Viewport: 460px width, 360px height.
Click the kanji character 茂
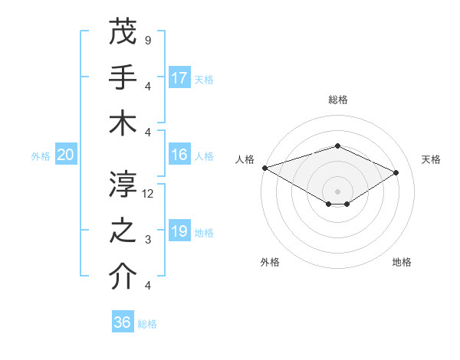point(123,31)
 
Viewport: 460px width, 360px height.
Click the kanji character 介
point(123,277)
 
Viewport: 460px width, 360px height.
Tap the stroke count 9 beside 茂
point(148,40)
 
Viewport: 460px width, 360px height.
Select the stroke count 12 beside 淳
point(149,194)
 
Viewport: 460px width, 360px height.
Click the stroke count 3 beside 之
point(148,240)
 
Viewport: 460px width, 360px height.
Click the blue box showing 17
point(179,77)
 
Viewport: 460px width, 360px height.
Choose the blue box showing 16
point(179,155)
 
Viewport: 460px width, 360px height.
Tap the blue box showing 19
point(179,231)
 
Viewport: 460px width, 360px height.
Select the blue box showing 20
point(66,155)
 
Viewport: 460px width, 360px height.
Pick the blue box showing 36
point(123,322)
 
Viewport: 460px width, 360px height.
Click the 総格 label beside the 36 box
point(147,324)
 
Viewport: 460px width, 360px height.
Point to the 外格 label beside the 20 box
point(41,156)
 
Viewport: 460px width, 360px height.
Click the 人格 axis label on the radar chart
point(245,159)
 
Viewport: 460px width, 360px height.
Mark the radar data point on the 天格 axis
point(396,173)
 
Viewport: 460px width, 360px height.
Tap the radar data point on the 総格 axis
point(337,146)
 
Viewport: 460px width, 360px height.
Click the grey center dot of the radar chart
point(337,190)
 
